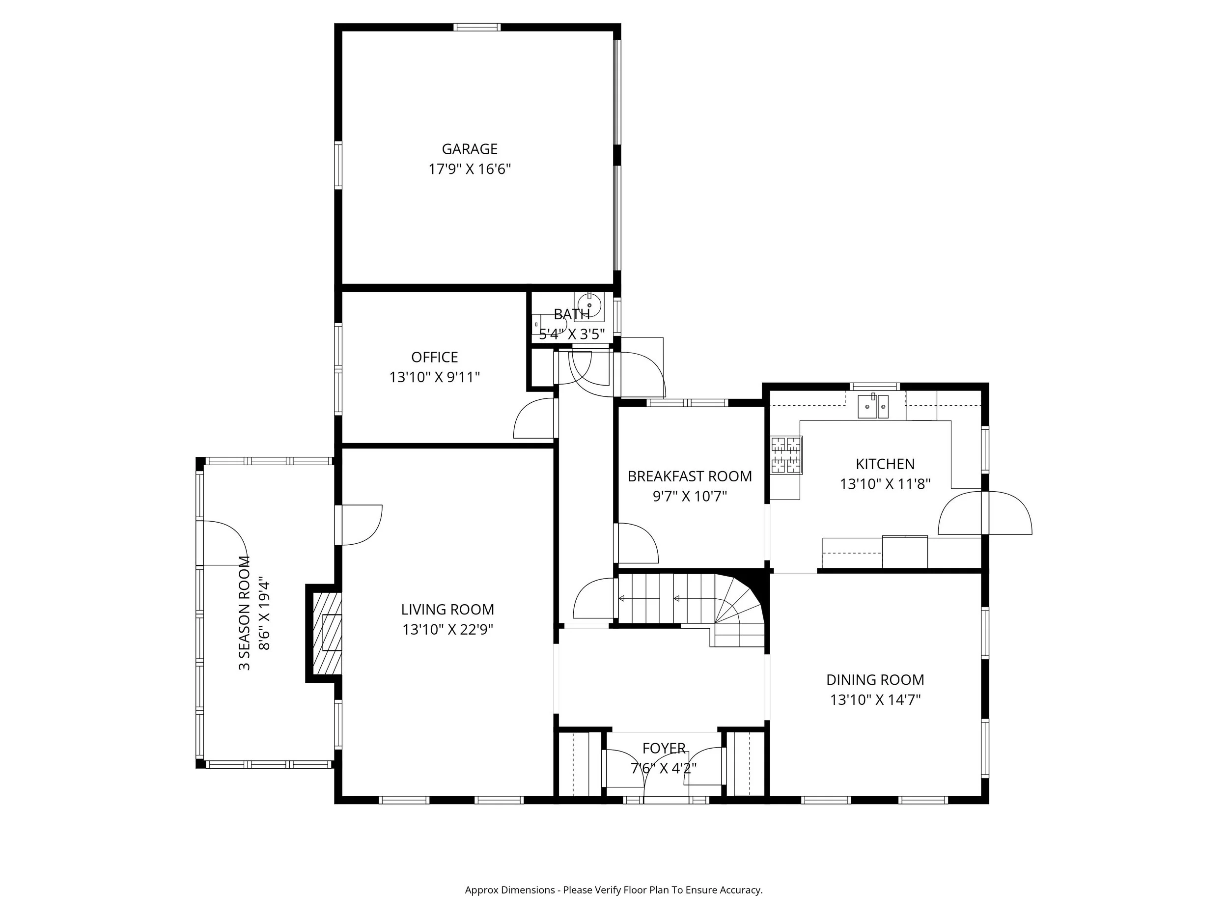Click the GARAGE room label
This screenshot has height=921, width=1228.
point(469,149)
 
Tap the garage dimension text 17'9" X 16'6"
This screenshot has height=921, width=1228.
point(469,169)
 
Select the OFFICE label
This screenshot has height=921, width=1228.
point(435,357)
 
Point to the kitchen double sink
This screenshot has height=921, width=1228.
point(873,406)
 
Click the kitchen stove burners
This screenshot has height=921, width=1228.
point(786,455)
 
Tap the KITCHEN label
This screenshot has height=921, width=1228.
point(885,464)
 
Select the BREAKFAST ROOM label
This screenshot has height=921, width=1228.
point(690,476)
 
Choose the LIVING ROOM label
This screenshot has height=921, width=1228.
point(447,609)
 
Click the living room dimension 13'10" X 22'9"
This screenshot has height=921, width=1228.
point(447,630)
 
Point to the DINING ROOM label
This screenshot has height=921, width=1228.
point(875,679)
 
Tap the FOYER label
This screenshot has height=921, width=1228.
point(664,749)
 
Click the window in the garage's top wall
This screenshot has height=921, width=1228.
point(477,27)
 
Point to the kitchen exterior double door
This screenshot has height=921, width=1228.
point(985,513)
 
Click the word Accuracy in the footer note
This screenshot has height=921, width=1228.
point(741,905)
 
